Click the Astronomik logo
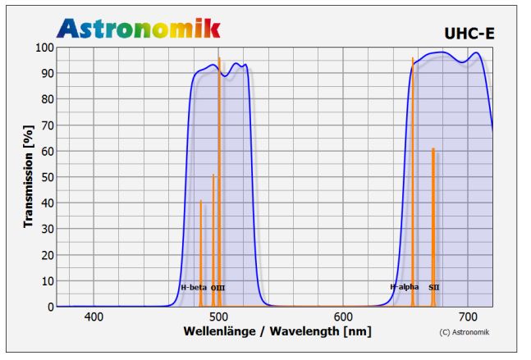(138, 29)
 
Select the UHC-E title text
(469, 34)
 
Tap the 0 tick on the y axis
(50, 307)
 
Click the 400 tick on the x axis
(94, 317)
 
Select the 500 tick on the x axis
(218, 317)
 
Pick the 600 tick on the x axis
(343, 317)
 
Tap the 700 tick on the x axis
(468, 317)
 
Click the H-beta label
(194, 288)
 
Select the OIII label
(217, 288)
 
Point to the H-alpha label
(404, 287)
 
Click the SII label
(434, 288)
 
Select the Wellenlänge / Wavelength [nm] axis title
(277, 331)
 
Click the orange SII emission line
(433, 221)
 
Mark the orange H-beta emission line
(200, 246)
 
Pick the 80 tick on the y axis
(47, 99)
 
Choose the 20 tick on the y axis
(47, 255)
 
